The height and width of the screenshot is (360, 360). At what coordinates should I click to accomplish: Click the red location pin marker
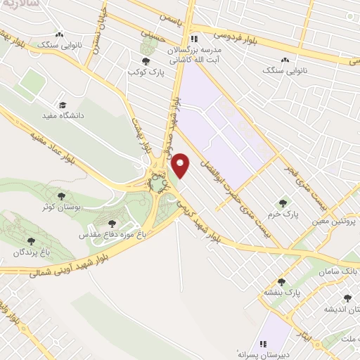click(181, 166)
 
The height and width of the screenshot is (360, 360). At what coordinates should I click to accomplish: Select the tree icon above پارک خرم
click(283, 184)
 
